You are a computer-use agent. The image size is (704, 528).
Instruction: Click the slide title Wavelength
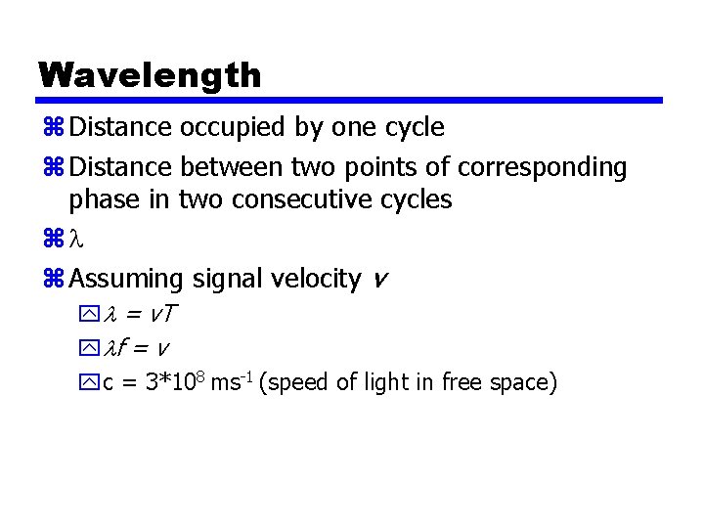(x=150, y=75)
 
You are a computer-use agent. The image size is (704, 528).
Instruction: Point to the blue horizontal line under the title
(x=350, y=100)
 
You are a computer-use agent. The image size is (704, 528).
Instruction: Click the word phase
(x=103, y=199)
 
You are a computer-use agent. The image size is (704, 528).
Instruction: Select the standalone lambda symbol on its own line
(x=77, y=239)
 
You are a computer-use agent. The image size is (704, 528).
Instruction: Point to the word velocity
(x=317, y=279)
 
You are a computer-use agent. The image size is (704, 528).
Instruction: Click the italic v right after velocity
(x=380, y=281)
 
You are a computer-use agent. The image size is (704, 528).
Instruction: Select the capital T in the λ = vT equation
(x=170, y=316)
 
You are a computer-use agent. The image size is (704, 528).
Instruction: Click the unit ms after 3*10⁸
(x=225, y=382)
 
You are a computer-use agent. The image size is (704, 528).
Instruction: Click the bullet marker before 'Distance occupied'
(x=53, y=128)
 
